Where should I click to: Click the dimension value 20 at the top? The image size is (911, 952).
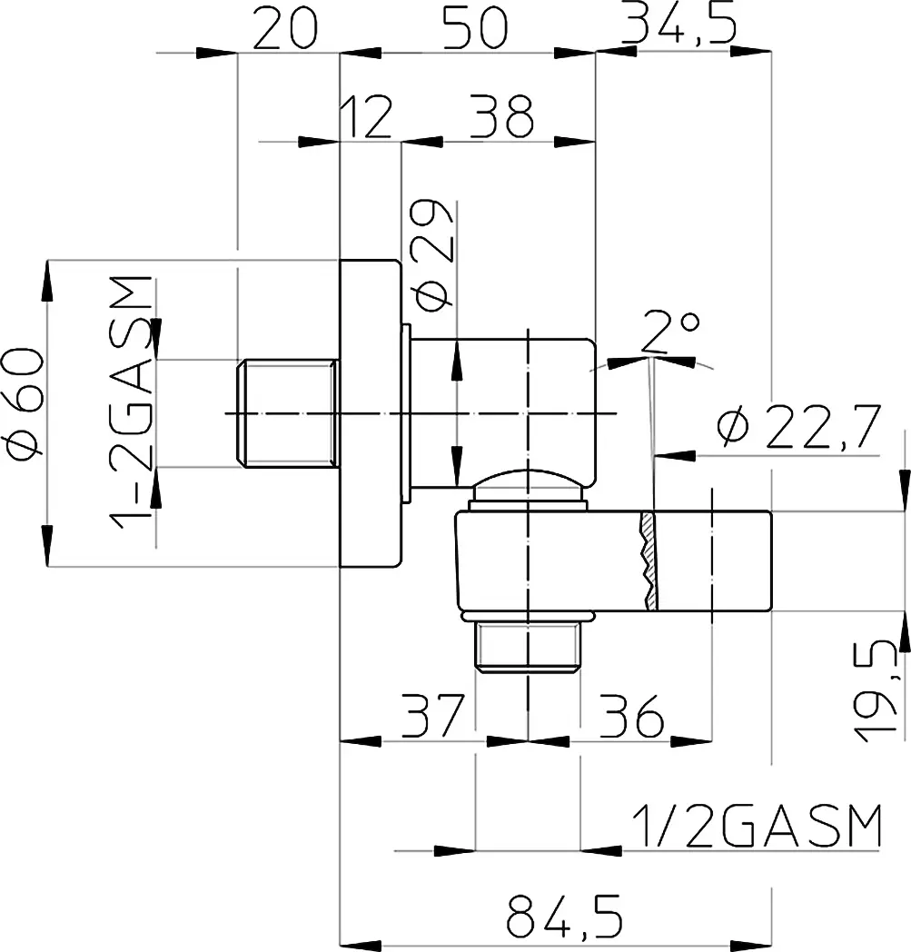pos(284,28)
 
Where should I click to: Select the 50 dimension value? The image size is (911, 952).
pos(475,28)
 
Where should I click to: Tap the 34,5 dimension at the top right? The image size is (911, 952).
pos(679,25)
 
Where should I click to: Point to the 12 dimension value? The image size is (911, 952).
pos(367,116)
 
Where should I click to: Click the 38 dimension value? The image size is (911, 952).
pos(501,116)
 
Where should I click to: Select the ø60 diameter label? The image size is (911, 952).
pos(25,402)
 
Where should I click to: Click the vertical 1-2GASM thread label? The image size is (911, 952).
pos(131,402)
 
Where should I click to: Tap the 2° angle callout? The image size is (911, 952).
pos(670,332)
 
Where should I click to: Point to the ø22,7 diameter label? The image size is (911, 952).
pos(798,427)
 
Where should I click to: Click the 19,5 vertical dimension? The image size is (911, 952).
pos(875,691)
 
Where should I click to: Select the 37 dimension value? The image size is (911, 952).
pos(433,716)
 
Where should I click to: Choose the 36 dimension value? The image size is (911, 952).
pos(632,716)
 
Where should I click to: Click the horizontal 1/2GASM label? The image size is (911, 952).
pos(757,826)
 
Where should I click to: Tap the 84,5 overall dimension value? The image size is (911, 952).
pos(564,915)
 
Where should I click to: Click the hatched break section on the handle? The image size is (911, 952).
pos(649,561)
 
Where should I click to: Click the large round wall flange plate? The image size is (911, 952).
pos(370,413)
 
